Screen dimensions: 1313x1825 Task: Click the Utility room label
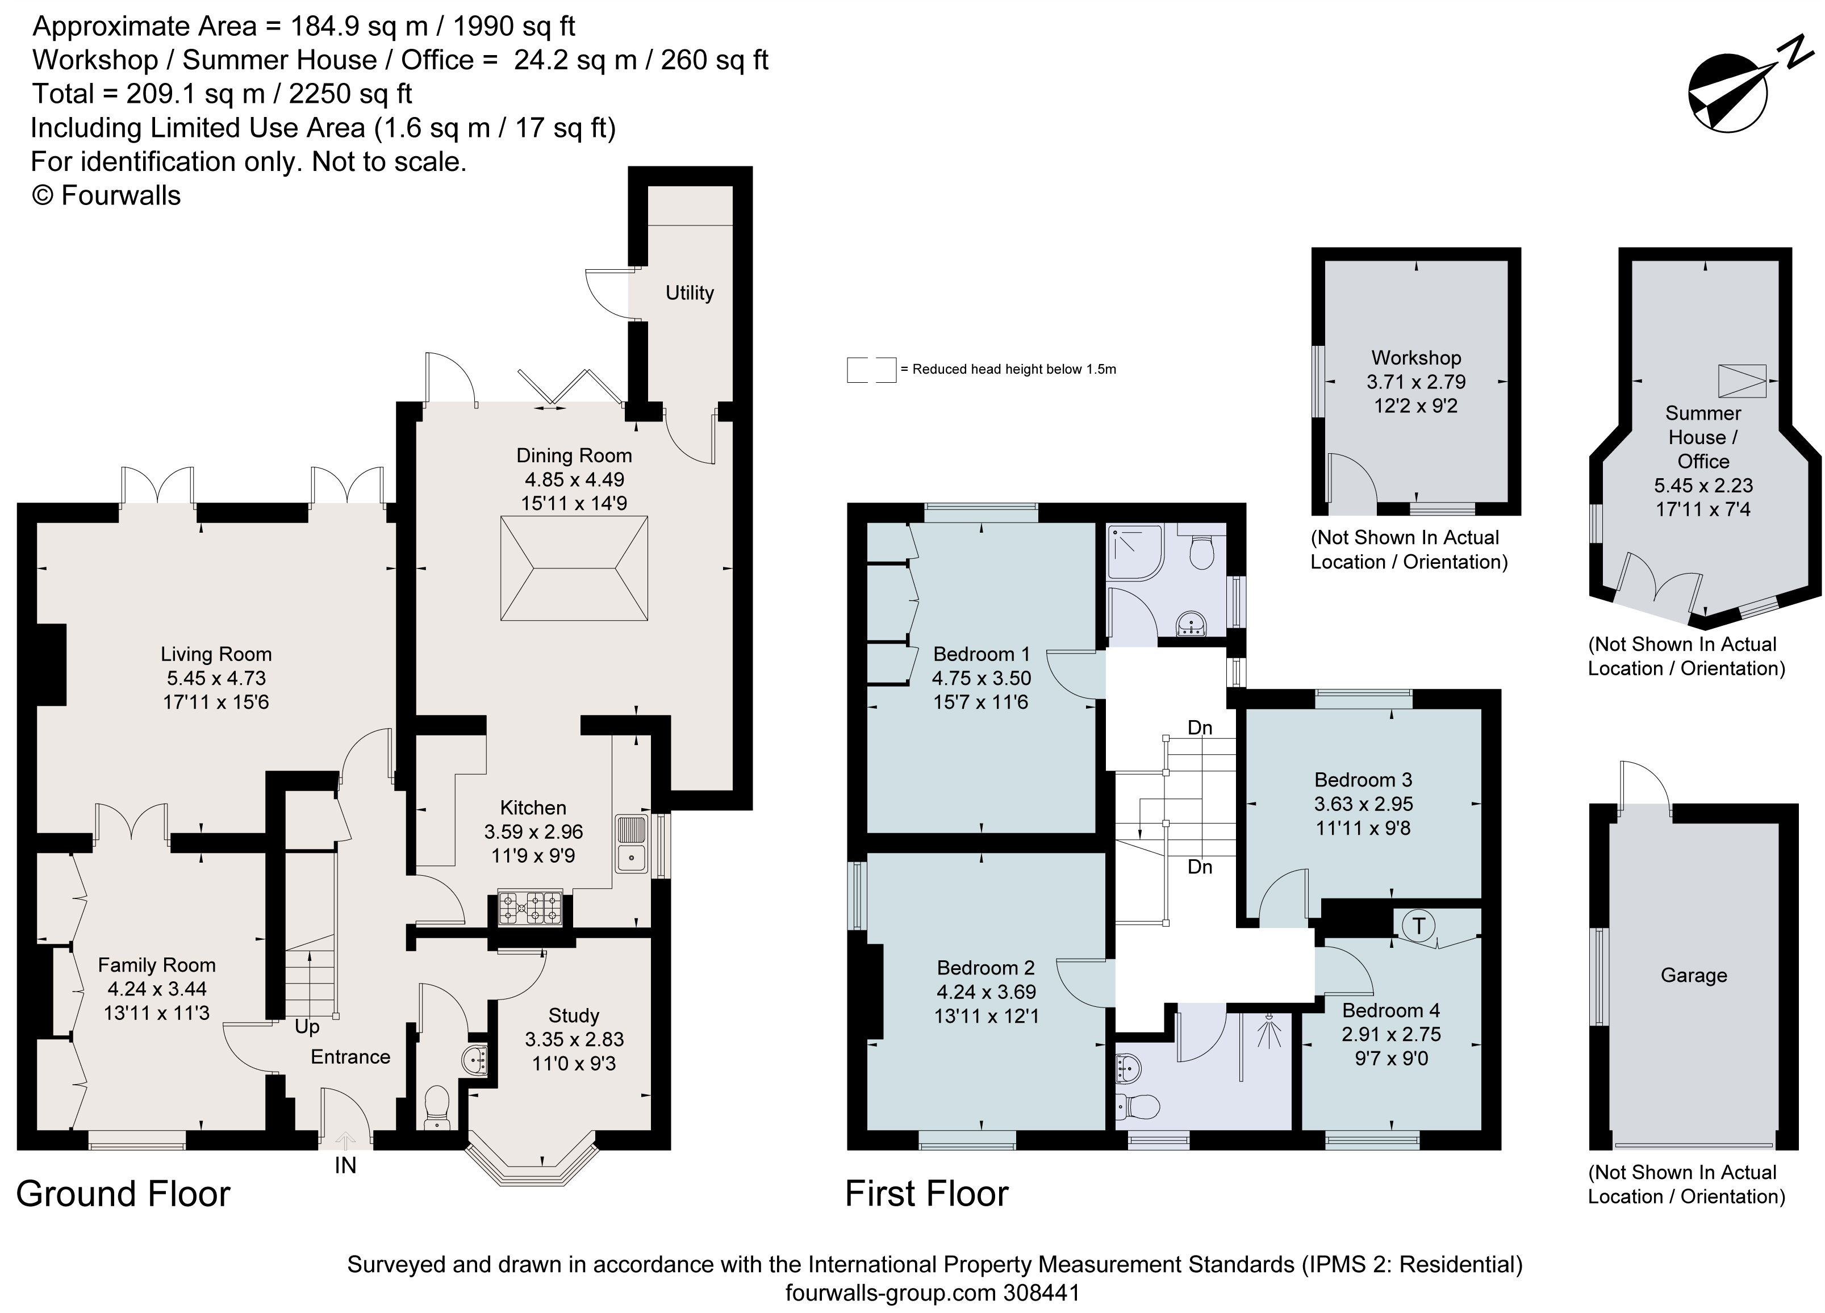click(690, 293)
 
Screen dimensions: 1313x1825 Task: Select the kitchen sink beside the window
click(632, 844)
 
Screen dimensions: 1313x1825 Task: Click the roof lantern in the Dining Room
click(574, 568)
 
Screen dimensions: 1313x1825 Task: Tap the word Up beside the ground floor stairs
click(307, 1027)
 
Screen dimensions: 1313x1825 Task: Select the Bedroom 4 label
click(1390, 1010)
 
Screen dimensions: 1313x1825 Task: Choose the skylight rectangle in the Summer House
click(1742, 380)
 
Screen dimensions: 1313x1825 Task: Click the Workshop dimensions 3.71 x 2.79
click(1416, 382)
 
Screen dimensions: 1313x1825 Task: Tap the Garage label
click(1694, 975)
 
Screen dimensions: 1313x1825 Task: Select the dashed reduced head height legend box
click(871, 369)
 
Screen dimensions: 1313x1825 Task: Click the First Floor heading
click(926, 1194)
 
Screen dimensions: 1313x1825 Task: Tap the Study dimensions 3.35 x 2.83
click(574, 1039)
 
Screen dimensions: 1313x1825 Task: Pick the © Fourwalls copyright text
click(106, 195)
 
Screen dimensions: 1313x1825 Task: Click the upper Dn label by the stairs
click(1200, 728)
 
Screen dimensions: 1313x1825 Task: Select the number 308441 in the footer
click(1041, 1293)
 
